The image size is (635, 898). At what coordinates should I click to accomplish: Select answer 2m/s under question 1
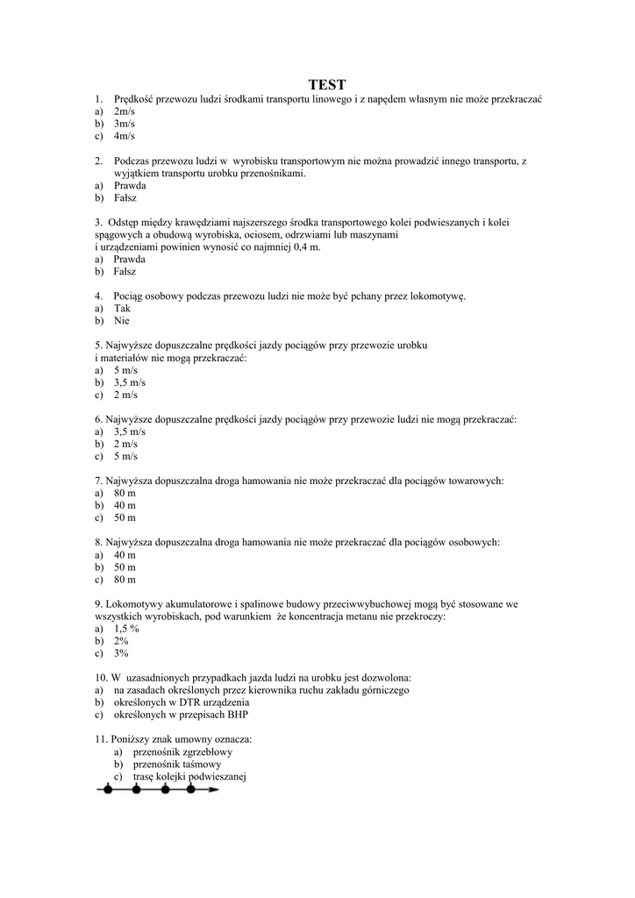[x=124, y=112]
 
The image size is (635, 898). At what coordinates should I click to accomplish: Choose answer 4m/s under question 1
[x=124, y=137]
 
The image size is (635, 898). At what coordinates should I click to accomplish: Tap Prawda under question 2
[x=130, y=186]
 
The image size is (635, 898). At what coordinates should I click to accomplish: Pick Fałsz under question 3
[x=128, y=272]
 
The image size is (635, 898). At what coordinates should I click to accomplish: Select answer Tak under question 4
[x=122, y=309]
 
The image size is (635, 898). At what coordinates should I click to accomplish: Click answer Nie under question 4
[x=122, y=321]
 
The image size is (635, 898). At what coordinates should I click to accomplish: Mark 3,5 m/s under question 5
[x=130, y=382]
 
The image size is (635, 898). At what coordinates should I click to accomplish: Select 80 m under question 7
[x=125, y=493]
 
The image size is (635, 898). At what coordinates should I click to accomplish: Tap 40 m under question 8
[x=125, y=554]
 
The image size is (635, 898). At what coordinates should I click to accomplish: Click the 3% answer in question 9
[x=121, y=653]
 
